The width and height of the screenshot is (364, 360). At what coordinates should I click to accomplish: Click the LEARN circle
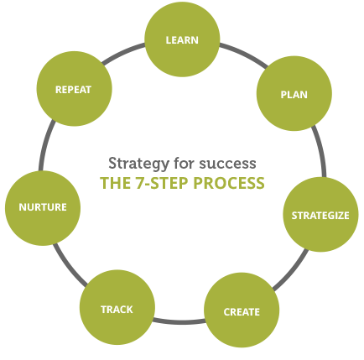pyautogui.click(x=182, y=39)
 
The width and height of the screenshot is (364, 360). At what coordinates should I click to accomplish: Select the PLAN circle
pyautogui.click(x=294, y=93)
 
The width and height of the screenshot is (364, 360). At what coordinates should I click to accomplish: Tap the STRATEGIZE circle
pyautogui.click(x=320, y=215)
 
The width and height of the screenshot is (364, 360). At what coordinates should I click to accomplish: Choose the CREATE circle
pyautogui.click(x=242, y=310)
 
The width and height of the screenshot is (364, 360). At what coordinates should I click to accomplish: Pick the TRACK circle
pyautogui.click(x=117, y=307)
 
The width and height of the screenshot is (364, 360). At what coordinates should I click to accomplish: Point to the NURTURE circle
pyautogui.click(x=43, y=208)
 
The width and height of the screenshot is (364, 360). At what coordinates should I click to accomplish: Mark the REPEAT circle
pyautogui.click(x=75, y=89)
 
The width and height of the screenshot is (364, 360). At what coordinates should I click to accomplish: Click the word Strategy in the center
pyautogui.click(x=138, y=164)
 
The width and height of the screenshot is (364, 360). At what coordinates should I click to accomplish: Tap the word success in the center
pyautogui.click(x=227, y=164)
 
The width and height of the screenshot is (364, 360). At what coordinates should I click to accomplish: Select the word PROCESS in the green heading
pyautogui.click(x=229, y=183)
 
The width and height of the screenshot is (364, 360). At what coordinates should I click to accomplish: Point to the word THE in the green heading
pyautogui.click(x=115, y=183)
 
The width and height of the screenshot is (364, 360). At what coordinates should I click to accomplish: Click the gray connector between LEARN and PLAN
pyautogui.click(x=245, y=54)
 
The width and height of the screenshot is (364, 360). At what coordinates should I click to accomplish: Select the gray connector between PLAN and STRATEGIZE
pyautogui.click(x=320, y=150)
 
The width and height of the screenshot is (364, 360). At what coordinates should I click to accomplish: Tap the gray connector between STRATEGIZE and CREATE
pyautogui.click(x=292, y=271)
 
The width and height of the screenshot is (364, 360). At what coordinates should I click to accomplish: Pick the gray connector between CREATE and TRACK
pyautogui.click(x=179, y=322)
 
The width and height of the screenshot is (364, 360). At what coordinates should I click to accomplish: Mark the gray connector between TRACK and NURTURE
pyautogui.click(x=69, y=266)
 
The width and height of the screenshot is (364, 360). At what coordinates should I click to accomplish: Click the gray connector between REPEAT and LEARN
pyautogui.click(x=122, y=52)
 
